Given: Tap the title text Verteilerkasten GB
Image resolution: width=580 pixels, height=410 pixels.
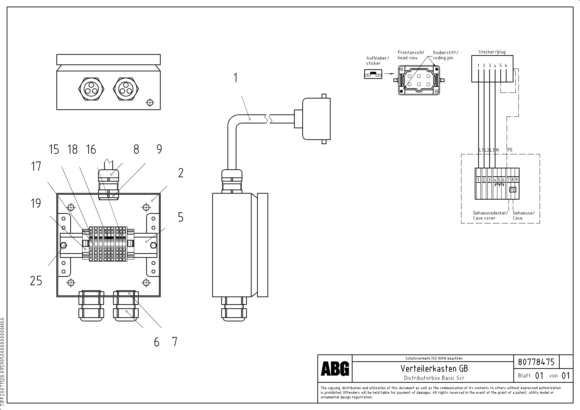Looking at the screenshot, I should click(434, 369).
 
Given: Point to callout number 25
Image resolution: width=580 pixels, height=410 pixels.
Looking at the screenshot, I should click(36, 281).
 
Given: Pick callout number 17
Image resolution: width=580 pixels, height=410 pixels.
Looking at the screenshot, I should click(36, 167).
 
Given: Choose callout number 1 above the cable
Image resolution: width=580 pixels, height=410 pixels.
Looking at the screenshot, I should click(235, 78).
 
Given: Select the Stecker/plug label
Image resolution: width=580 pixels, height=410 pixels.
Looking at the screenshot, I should click(492, 52).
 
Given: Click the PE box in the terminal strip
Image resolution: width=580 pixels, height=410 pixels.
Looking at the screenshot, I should click(513, 190).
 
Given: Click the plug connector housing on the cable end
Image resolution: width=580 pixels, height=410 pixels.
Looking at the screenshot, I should click(316, 119).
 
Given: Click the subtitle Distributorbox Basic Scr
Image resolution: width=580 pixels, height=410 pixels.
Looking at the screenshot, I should click(434, 378).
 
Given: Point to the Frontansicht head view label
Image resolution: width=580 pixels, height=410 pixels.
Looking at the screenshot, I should click(411, 55).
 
